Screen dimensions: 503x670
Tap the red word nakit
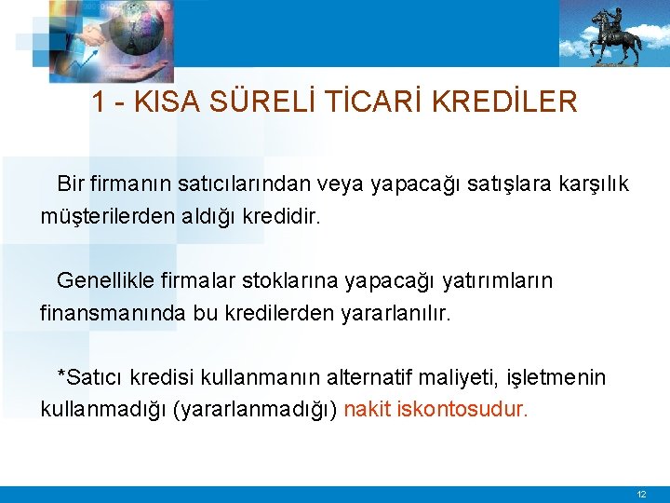coord(367,409)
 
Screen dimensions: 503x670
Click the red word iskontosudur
coord(462,409)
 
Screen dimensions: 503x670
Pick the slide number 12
coord(641,494)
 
